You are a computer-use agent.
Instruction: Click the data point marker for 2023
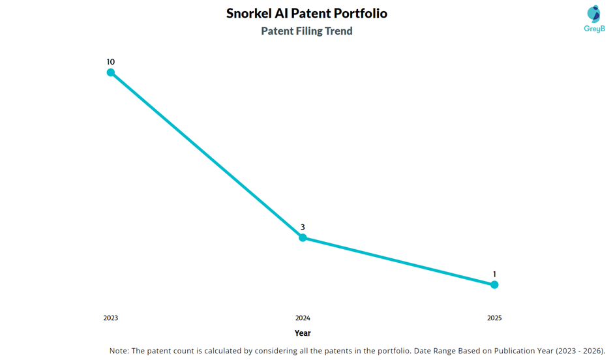pyautogui.click(x=111, y=72)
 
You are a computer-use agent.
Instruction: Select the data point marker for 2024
pyautogui.click(x=303, y=237)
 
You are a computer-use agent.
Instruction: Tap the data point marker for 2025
pyautogui.click(x=494, y=284)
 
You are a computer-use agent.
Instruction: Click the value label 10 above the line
pyautogui.click(x=111, y=62)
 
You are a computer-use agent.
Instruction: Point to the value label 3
pyautogui.click(x=303, y=227)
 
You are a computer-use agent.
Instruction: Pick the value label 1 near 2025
pyautogui.click(x=494, y=274)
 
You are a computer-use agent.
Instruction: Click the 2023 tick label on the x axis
pyautogui.click(x=111, y=318)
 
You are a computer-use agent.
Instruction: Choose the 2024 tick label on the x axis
pyautogui.click(x=303, y=318)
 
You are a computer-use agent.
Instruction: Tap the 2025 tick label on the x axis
pyautogui.click(x=494, y=318)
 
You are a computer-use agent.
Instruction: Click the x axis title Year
pyautogui.click(x=303, y=333)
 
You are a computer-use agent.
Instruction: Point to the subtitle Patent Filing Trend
pyautogui.click(x=306, y=31)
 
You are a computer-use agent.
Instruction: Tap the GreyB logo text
pyautogui.click(x=593, y=29)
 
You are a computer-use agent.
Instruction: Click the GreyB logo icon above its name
pyautogui.click(x=593, y=14)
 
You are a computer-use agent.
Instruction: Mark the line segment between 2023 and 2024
pyautogui.click(x=207, y=155)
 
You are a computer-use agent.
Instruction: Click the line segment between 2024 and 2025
pyautogui.click(x=398, y=261)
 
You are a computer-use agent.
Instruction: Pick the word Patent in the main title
pyautogui.click(x=312, y=14)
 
